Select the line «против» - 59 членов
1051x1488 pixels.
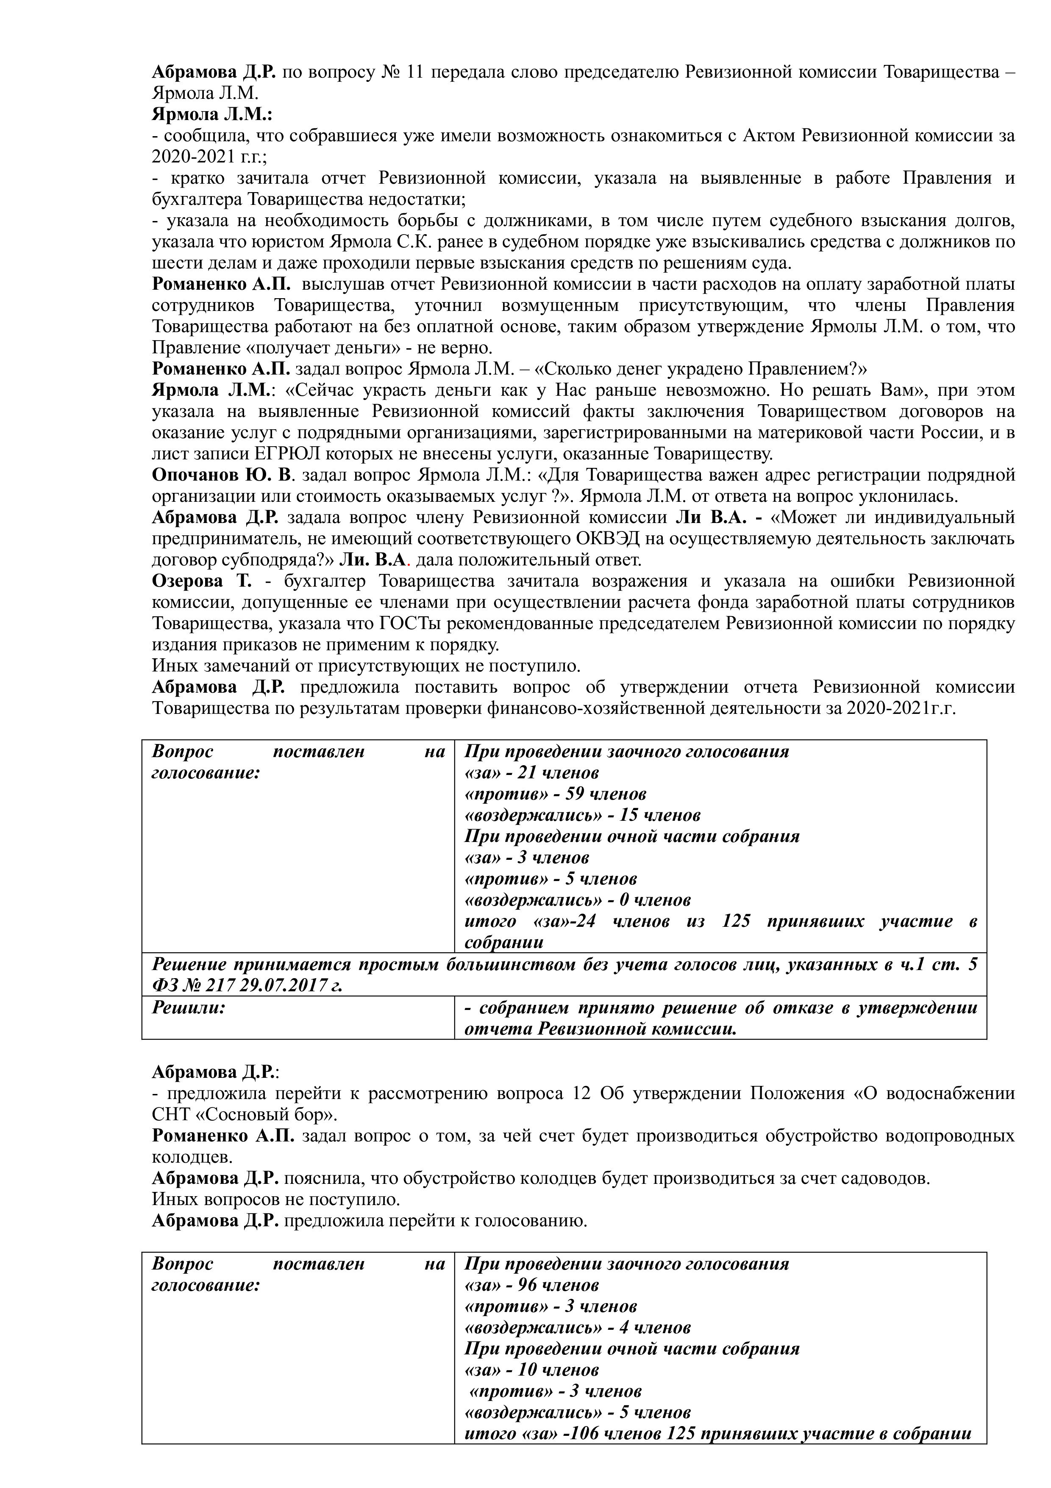[x=555, y=794]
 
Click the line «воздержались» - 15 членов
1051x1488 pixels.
[x=582, y=815]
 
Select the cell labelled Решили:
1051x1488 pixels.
[x=189, y=1008]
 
